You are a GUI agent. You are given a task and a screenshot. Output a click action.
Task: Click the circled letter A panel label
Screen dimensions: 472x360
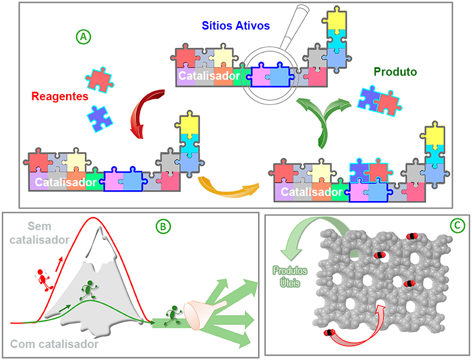click(x=83, y=37)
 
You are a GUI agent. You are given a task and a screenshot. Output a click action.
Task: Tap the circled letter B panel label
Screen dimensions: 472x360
click(x=163, y=226)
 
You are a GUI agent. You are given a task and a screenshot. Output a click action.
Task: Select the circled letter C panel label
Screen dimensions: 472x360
click(x=457, y=225)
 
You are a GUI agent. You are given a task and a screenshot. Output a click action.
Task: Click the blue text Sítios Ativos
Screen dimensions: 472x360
click(x=236, y=26)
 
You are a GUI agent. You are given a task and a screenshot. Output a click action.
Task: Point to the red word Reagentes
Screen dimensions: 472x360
click(x=60, y=96)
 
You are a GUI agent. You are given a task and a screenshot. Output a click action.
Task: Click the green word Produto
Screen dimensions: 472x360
click(x=395, y=72)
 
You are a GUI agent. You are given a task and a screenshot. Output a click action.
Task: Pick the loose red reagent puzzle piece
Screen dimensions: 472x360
click(x=99, y=80)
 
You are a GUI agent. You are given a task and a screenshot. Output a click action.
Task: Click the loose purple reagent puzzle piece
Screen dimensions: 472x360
click(x=100, y=118)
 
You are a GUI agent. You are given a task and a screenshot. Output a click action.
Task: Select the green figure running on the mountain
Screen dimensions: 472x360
click(x=88, y=290)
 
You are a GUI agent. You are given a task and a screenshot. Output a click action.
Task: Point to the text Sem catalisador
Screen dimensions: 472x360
click(x=39, y=233)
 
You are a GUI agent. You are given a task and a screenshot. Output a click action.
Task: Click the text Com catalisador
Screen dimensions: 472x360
click(x=54, y=344)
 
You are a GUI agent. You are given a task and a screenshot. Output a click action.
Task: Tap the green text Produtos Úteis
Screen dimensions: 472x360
click(x=290, y=277)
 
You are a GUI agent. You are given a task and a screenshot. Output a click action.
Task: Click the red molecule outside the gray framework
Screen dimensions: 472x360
click(x=329, y=333)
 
